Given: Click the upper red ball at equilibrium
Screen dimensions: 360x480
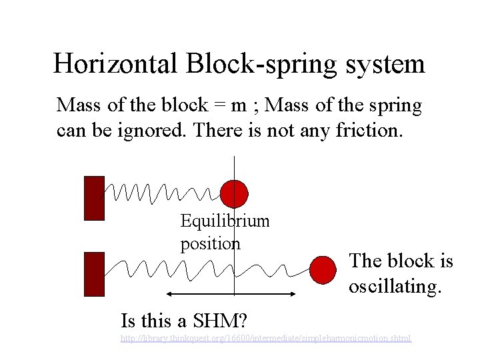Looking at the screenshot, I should [x=234, y=193].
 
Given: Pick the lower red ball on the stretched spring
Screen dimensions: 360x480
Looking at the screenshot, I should [x=323, y=269].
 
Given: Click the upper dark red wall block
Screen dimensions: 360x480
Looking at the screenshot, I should [x=94, y=198].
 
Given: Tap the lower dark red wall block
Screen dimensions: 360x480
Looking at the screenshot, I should [x=94, y=274].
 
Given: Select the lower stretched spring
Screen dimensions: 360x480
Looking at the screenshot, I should [x=207, y=269].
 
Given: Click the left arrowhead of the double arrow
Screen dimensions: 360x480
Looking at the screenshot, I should [x=170, y=294].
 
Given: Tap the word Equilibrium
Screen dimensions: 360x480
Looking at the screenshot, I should [x=225, y=221].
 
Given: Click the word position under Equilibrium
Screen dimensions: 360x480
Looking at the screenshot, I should [x=210, y=244].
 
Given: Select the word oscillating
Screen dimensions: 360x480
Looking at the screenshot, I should [x=395, y=286].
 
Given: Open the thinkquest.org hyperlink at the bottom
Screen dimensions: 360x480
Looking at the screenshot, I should [x=265, y=339].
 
